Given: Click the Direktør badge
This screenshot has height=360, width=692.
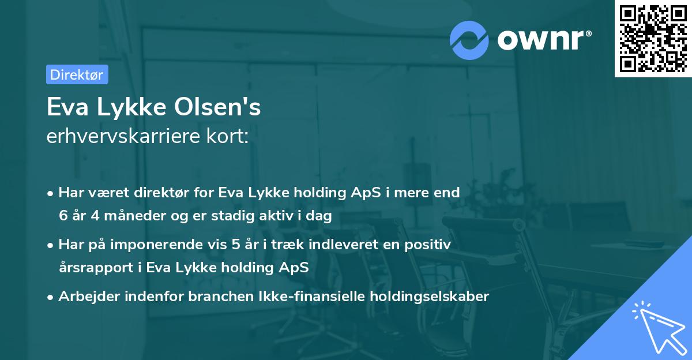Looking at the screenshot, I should tap(77, 75).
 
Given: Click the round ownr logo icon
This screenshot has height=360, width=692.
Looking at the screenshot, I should tap(469, 40).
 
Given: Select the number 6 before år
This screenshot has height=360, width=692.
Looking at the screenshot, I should tap(63, 216).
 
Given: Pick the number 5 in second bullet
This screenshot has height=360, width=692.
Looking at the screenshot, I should tap(235, 245).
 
